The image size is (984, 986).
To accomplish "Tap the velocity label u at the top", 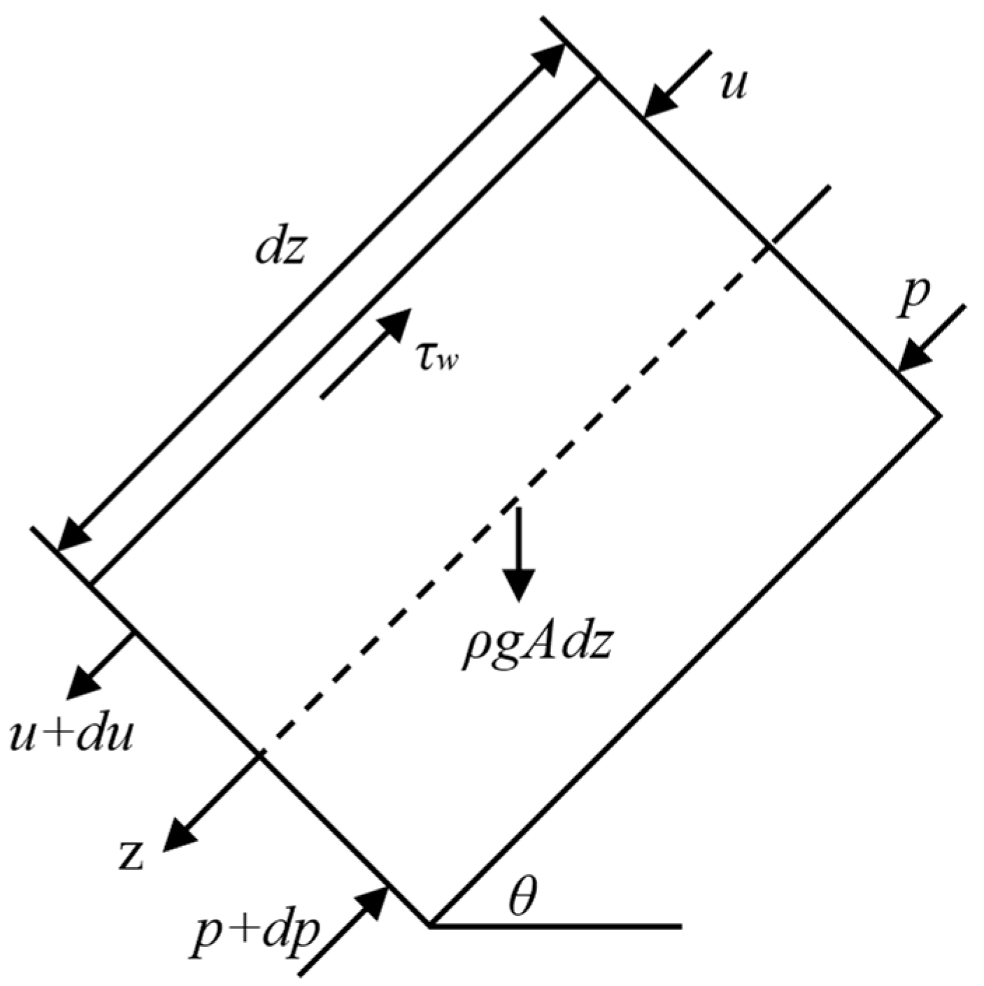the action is pos(732,86).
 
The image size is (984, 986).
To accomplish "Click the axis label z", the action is pos(131,856).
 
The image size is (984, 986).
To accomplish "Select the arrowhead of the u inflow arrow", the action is pos(659,102).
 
